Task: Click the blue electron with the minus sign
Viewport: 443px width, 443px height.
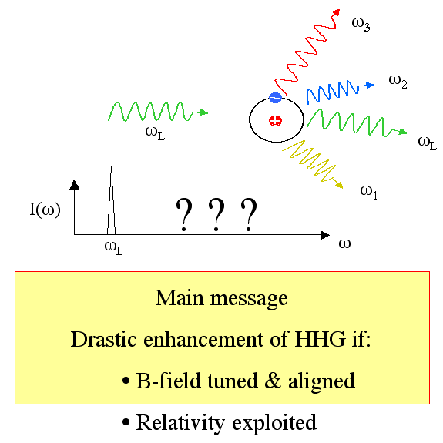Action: pyautogui.click(x=275, y=98)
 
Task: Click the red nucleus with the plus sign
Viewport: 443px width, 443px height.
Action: pyautogui.click(x=275, y=121)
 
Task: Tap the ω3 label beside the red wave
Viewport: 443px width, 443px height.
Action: pyautogui.click(x=361, y=25)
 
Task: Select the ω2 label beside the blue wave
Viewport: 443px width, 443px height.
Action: pyautogui.click(x=398, y=82)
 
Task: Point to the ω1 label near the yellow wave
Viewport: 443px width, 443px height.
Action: pyautogui.click(x=369, y=193)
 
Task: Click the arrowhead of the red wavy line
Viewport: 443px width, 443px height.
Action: pyautogui.click(x=336, y=12)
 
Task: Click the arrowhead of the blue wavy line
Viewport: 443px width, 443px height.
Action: pyautogui.click(x=370, y=85)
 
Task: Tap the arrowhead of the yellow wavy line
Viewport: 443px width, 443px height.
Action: pyautogui.click(x=339, y=185)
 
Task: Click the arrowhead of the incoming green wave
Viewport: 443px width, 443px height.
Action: pyautogui.click(x=203, y=112)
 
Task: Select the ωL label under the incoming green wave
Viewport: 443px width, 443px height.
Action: pyautogui.click(x=155, y=133)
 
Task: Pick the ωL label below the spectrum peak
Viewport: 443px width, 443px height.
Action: pyautogui.click(x=114, y=248)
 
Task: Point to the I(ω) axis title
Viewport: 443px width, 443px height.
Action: pyautogui.click(x=45, y=210)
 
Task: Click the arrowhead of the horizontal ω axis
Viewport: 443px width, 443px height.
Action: pyautogui.click(x=325, y=235)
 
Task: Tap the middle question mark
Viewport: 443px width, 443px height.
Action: pyautogui.click(x=216, y=215)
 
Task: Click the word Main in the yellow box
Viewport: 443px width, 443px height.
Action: pyautogui.click(x=180, y=298)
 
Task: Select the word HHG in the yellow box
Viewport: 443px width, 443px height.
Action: pyautogui.click(x=320, y=339)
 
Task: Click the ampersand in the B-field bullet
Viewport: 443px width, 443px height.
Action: pyautogui.click(x=273, y=381)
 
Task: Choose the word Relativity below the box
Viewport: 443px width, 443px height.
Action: pyautogui.click(x=181, y=423)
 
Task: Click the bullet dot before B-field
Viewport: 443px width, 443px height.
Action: pyautogui.click(x=126, y=381)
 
